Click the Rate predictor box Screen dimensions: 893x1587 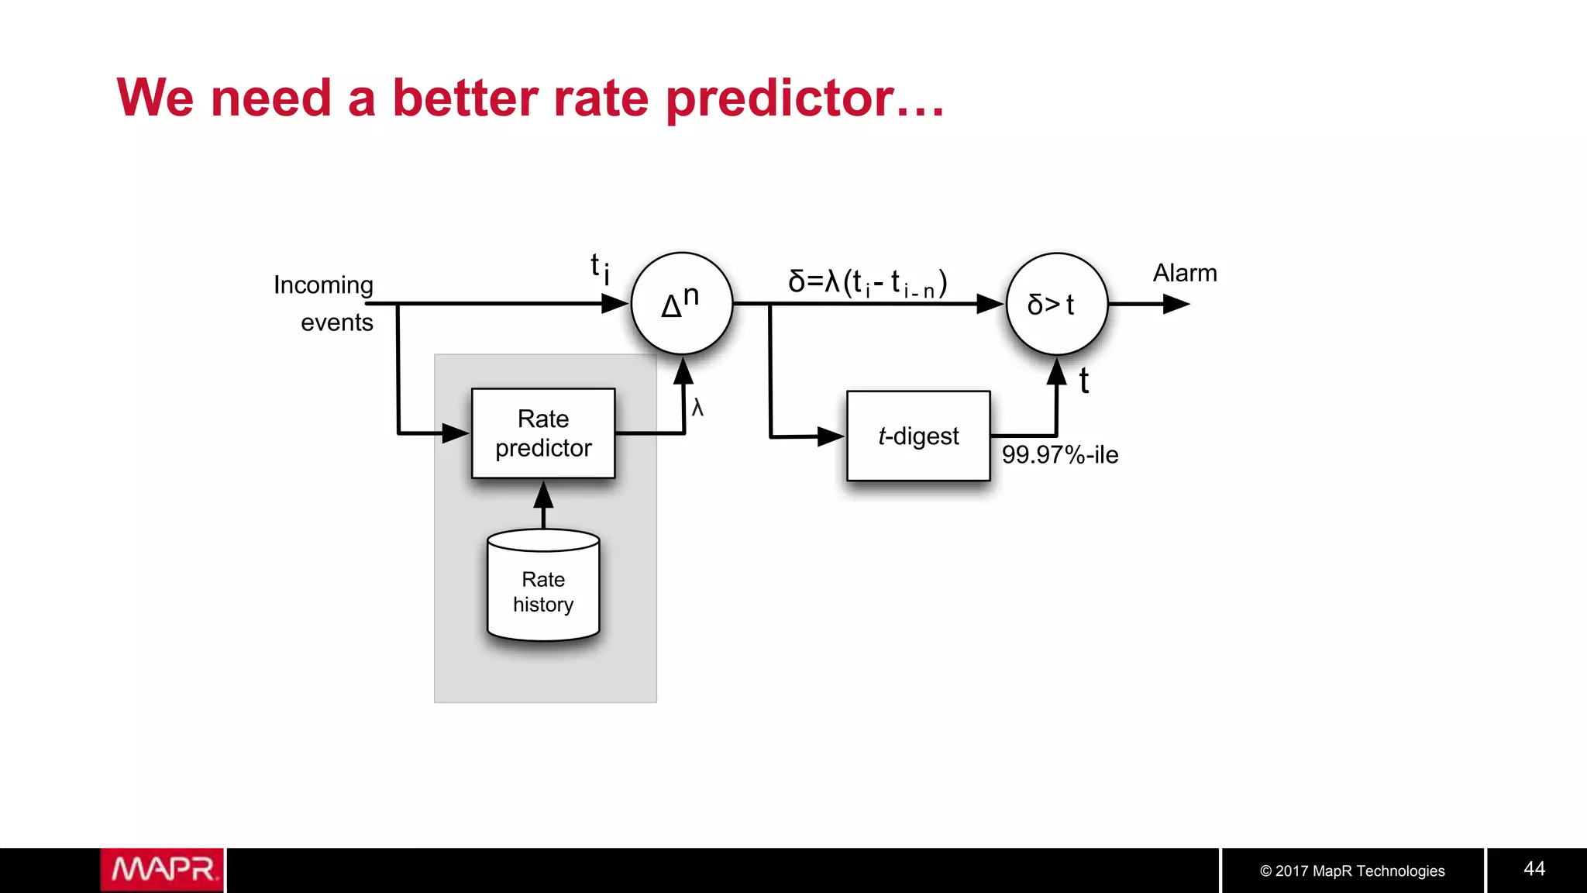(x=543, y=433)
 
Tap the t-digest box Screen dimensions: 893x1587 (x=918, y=436)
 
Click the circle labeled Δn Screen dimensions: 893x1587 (x=682, y=303)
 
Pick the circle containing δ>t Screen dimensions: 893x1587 (x=1057, y=304)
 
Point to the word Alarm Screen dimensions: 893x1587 (x=1185, y=273)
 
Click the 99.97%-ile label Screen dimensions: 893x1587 (x=1059, y=454)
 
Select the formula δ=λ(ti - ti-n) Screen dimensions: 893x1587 (x=867, y=282)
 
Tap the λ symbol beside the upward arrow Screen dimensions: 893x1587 (x=697, y=408)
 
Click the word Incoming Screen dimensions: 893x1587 (x=323, y=285)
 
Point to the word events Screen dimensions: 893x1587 (x=336, y=322)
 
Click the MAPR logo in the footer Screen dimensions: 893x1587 (x=163, y=870)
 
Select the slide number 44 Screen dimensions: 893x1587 (x=1534, y=868)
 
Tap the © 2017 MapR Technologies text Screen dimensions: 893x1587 (x=1352, y=871)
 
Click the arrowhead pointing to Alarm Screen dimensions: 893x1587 (x=1176, y=305)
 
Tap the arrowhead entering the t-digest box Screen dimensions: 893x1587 (x=830, y=436)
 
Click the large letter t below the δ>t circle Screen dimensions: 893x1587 (x=1083, y=381)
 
